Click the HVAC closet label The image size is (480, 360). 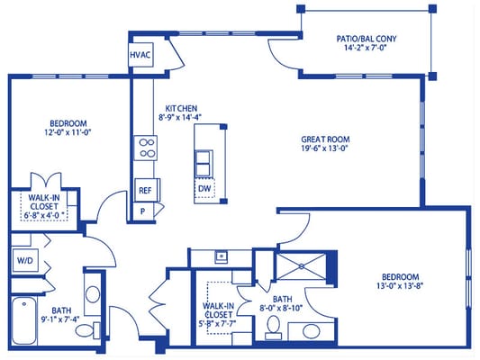point(140,56)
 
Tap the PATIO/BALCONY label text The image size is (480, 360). point(366,40)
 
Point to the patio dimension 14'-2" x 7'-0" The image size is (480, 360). point(366,50)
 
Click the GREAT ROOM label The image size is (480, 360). point(325,139)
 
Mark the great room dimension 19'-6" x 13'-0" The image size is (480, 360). point(325,150)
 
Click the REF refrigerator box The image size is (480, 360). point(144,190)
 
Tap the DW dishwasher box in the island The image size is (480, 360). point(204,189)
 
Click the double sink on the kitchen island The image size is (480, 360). point(204,162)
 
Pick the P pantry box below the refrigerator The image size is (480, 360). point(142,211)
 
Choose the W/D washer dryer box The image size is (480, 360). point(23,261)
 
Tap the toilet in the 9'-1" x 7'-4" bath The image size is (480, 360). point(84,332)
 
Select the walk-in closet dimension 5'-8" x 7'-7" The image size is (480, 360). point(219,317)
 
